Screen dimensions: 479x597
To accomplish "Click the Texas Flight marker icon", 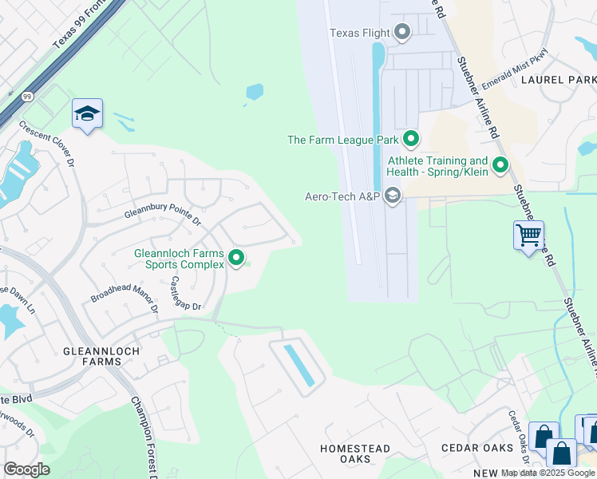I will [x=402, y=33].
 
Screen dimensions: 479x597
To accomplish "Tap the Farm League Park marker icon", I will [x=411, y=140].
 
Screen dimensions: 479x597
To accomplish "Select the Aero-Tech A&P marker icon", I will [x=392, y=196].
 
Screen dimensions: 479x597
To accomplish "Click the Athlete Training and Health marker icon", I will [x=500, y=166].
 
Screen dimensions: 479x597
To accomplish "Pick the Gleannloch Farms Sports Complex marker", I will [x=236, y=258].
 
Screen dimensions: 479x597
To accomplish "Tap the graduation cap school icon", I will [x=87, y=114].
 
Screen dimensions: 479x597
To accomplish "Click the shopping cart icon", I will [x=528, y=236].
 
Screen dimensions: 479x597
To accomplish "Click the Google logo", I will [x=26, y=469].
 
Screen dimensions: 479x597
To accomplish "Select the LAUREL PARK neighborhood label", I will [x=558, y=80].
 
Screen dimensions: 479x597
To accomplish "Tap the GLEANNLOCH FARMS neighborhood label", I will [x=101, y=356].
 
